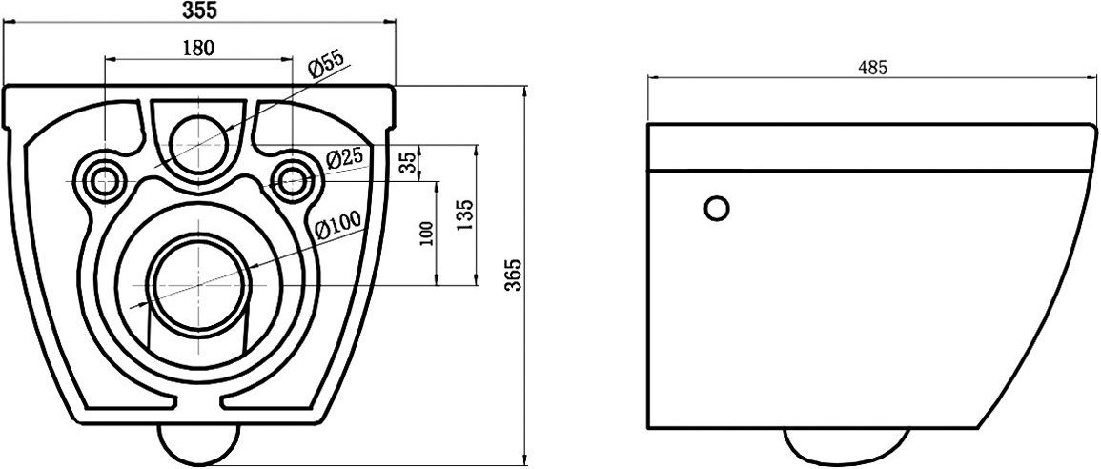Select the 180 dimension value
point(197,47)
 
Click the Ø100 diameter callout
point(337,226)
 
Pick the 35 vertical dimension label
point(409,163)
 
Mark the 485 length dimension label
point(873,68)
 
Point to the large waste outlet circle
point(199,283)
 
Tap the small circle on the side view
point(717,208)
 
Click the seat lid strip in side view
point(867,148)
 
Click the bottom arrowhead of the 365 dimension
point(526,460)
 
